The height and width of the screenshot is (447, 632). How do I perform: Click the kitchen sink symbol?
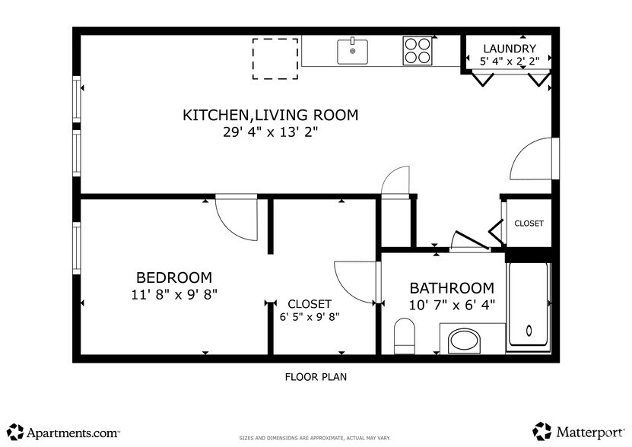(352, 52)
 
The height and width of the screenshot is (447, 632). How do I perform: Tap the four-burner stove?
(418, 51)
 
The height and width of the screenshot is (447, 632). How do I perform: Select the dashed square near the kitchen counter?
(275, 58)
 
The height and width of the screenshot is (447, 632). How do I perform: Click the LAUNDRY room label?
(510, 48)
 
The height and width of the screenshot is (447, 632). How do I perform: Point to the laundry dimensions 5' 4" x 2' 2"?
(510, 60)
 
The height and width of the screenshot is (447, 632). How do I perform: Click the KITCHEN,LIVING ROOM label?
(270, 116)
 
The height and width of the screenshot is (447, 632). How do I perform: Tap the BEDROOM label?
(174, 277)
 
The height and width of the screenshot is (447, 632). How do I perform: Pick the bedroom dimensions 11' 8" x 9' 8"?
(174, 294)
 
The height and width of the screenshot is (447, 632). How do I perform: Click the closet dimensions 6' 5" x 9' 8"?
(310, 317)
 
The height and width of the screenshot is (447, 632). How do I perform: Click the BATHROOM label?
(452, 288)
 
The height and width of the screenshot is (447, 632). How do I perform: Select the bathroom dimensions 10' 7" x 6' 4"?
(452, 305)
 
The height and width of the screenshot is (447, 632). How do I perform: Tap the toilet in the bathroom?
(404, 337)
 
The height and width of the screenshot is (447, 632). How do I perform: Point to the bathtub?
(529, 304)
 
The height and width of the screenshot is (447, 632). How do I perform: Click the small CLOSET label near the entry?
(529, 223)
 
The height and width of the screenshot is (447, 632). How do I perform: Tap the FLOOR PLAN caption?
(316, 376)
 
